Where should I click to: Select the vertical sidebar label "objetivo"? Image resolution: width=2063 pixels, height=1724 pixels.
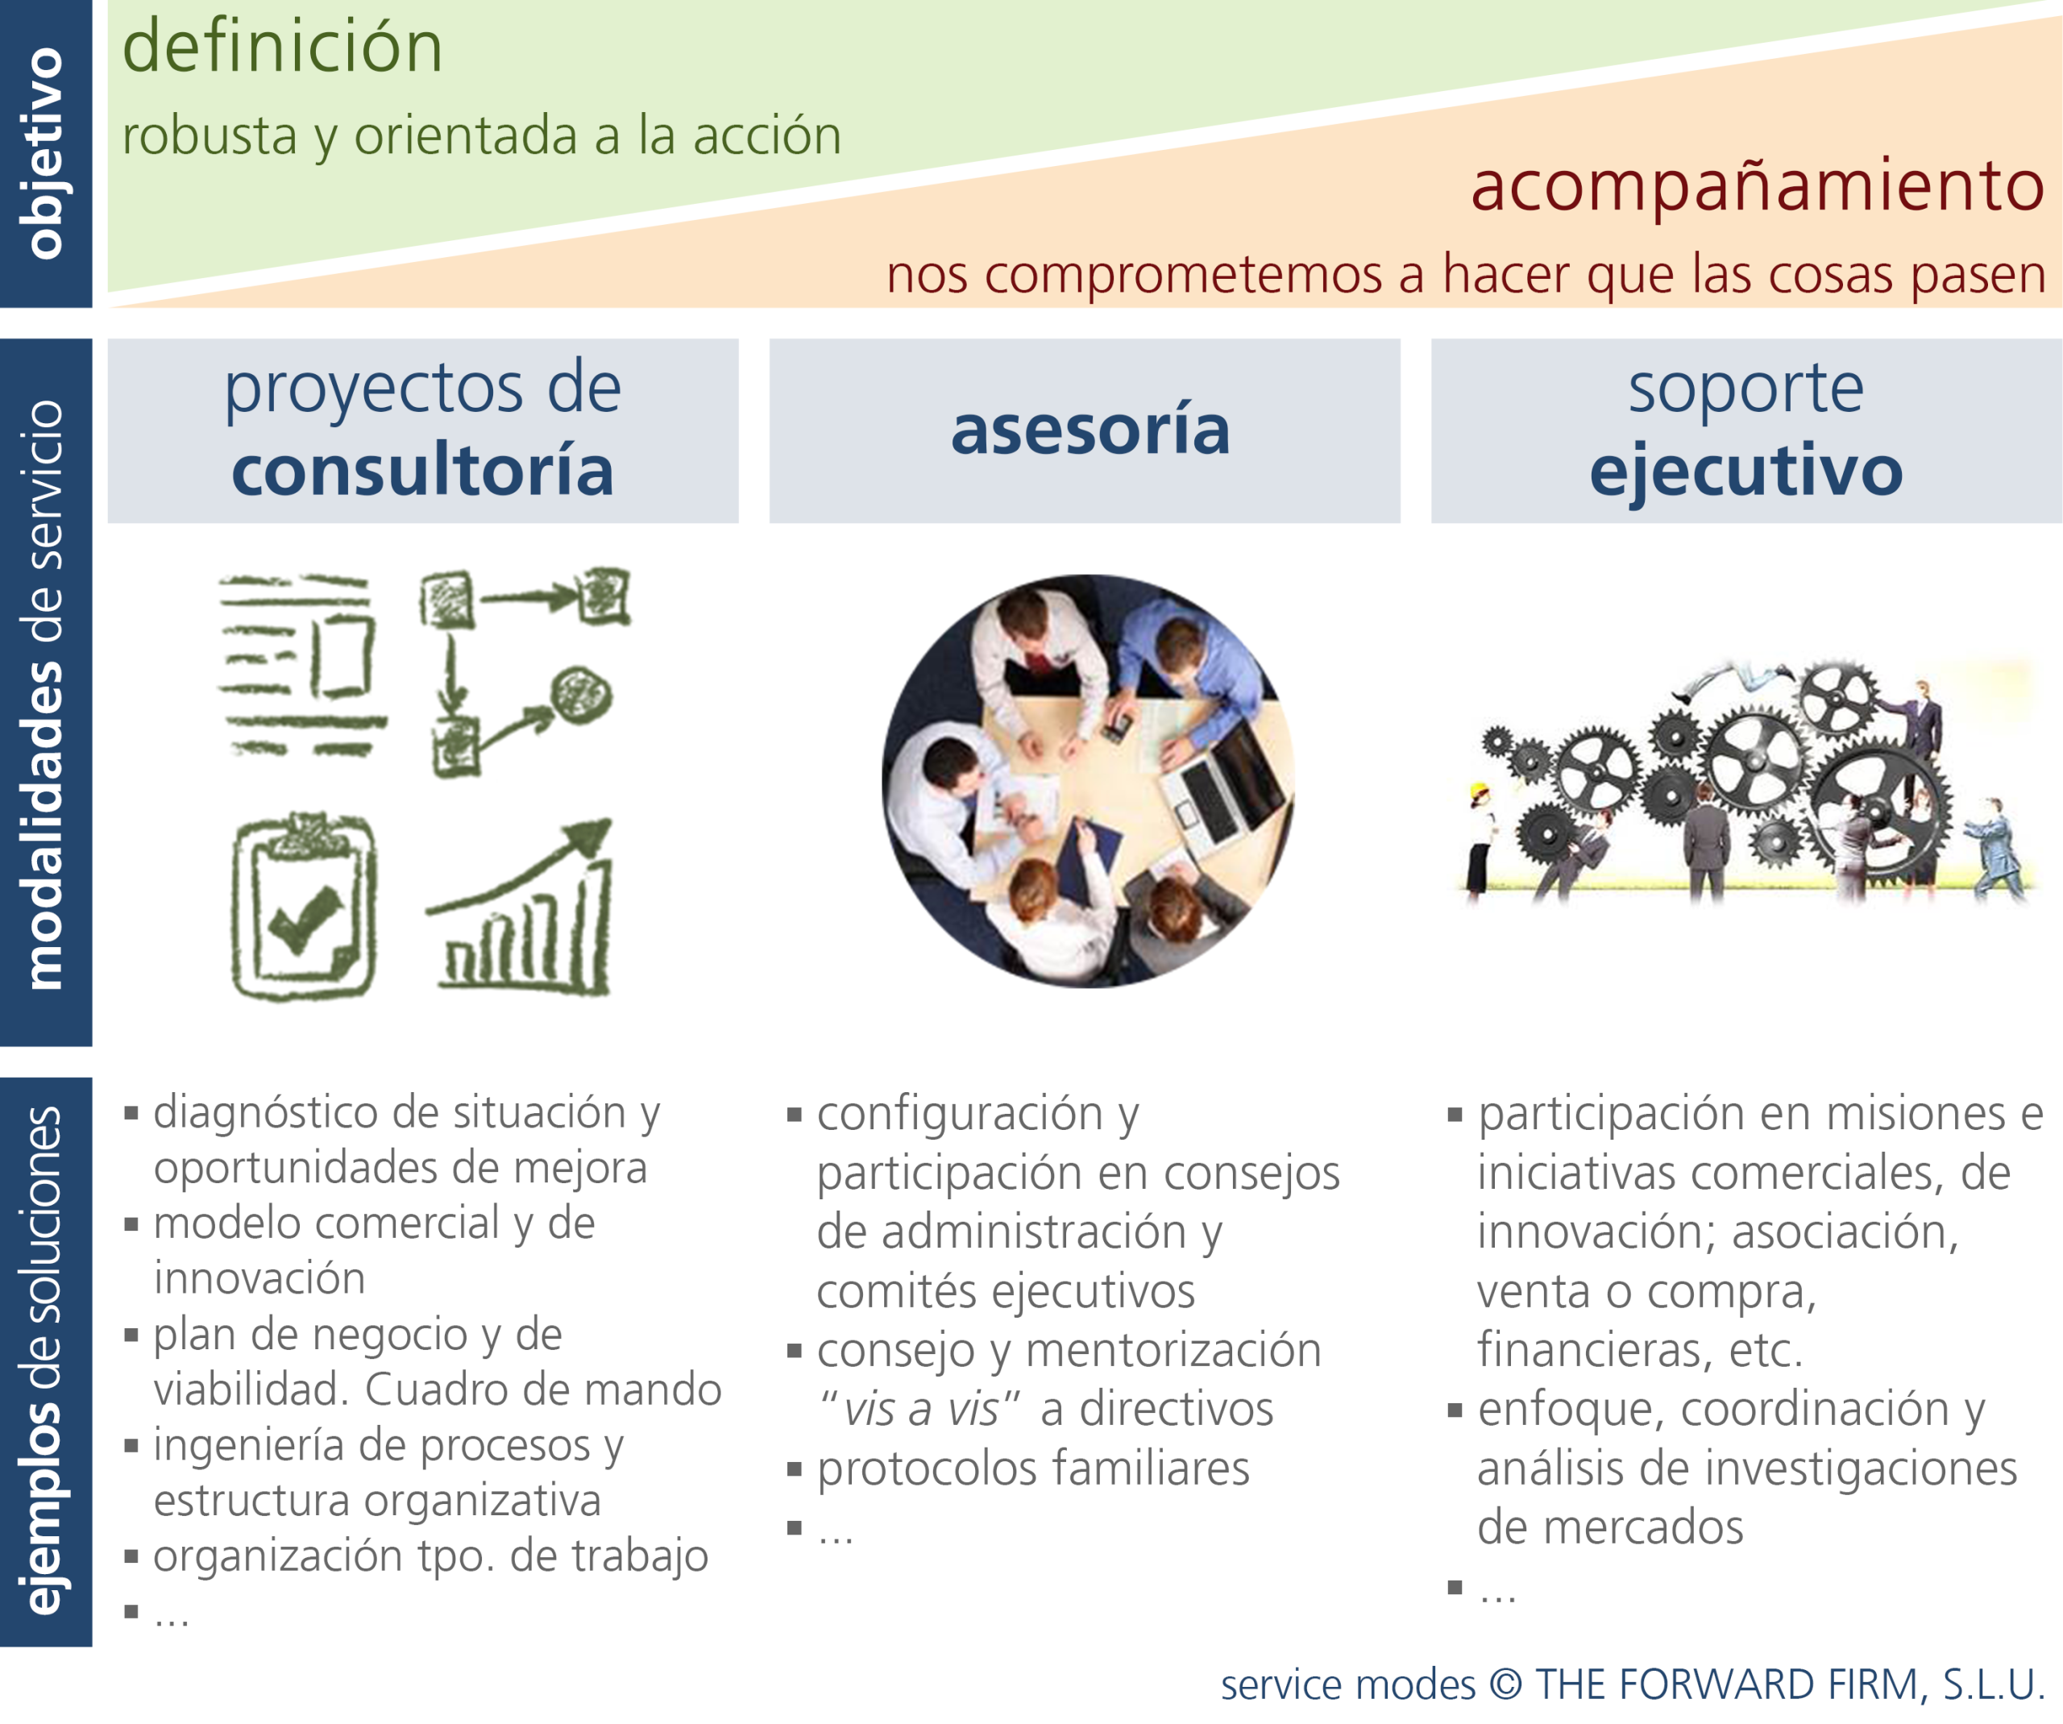[x=44, y=153]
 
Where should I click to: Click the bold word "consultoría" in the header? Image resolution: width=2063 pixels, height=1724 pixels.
[x=422, y=471]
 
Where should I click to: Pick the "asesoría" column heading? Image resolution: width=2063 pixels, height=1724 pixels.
[x=1090, y=430]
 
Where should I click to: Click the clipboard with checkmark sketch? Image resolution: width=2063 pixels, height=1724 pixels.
[x=304, y=906]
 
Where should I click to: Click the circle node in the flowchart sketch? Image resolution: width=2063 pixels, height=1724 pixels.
[x=582, y=695]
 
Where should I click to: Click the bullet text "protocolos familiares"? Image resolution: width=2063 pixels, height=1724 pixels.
[x=1033, y=1469]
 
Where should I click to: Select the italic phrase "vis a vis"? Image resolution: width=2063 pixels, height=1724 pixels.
[x=921, y=1410]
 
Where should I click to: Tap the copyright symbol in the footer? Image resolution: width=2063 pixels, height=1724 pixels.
[x=1506, y=1684]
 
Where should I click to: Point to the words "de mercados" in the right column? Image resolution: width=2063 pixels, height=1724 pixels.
[x=1610, y=1527]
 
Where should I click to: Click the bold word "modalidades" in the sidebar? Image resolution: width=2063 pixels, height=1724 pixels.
[x=44, y=825]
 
